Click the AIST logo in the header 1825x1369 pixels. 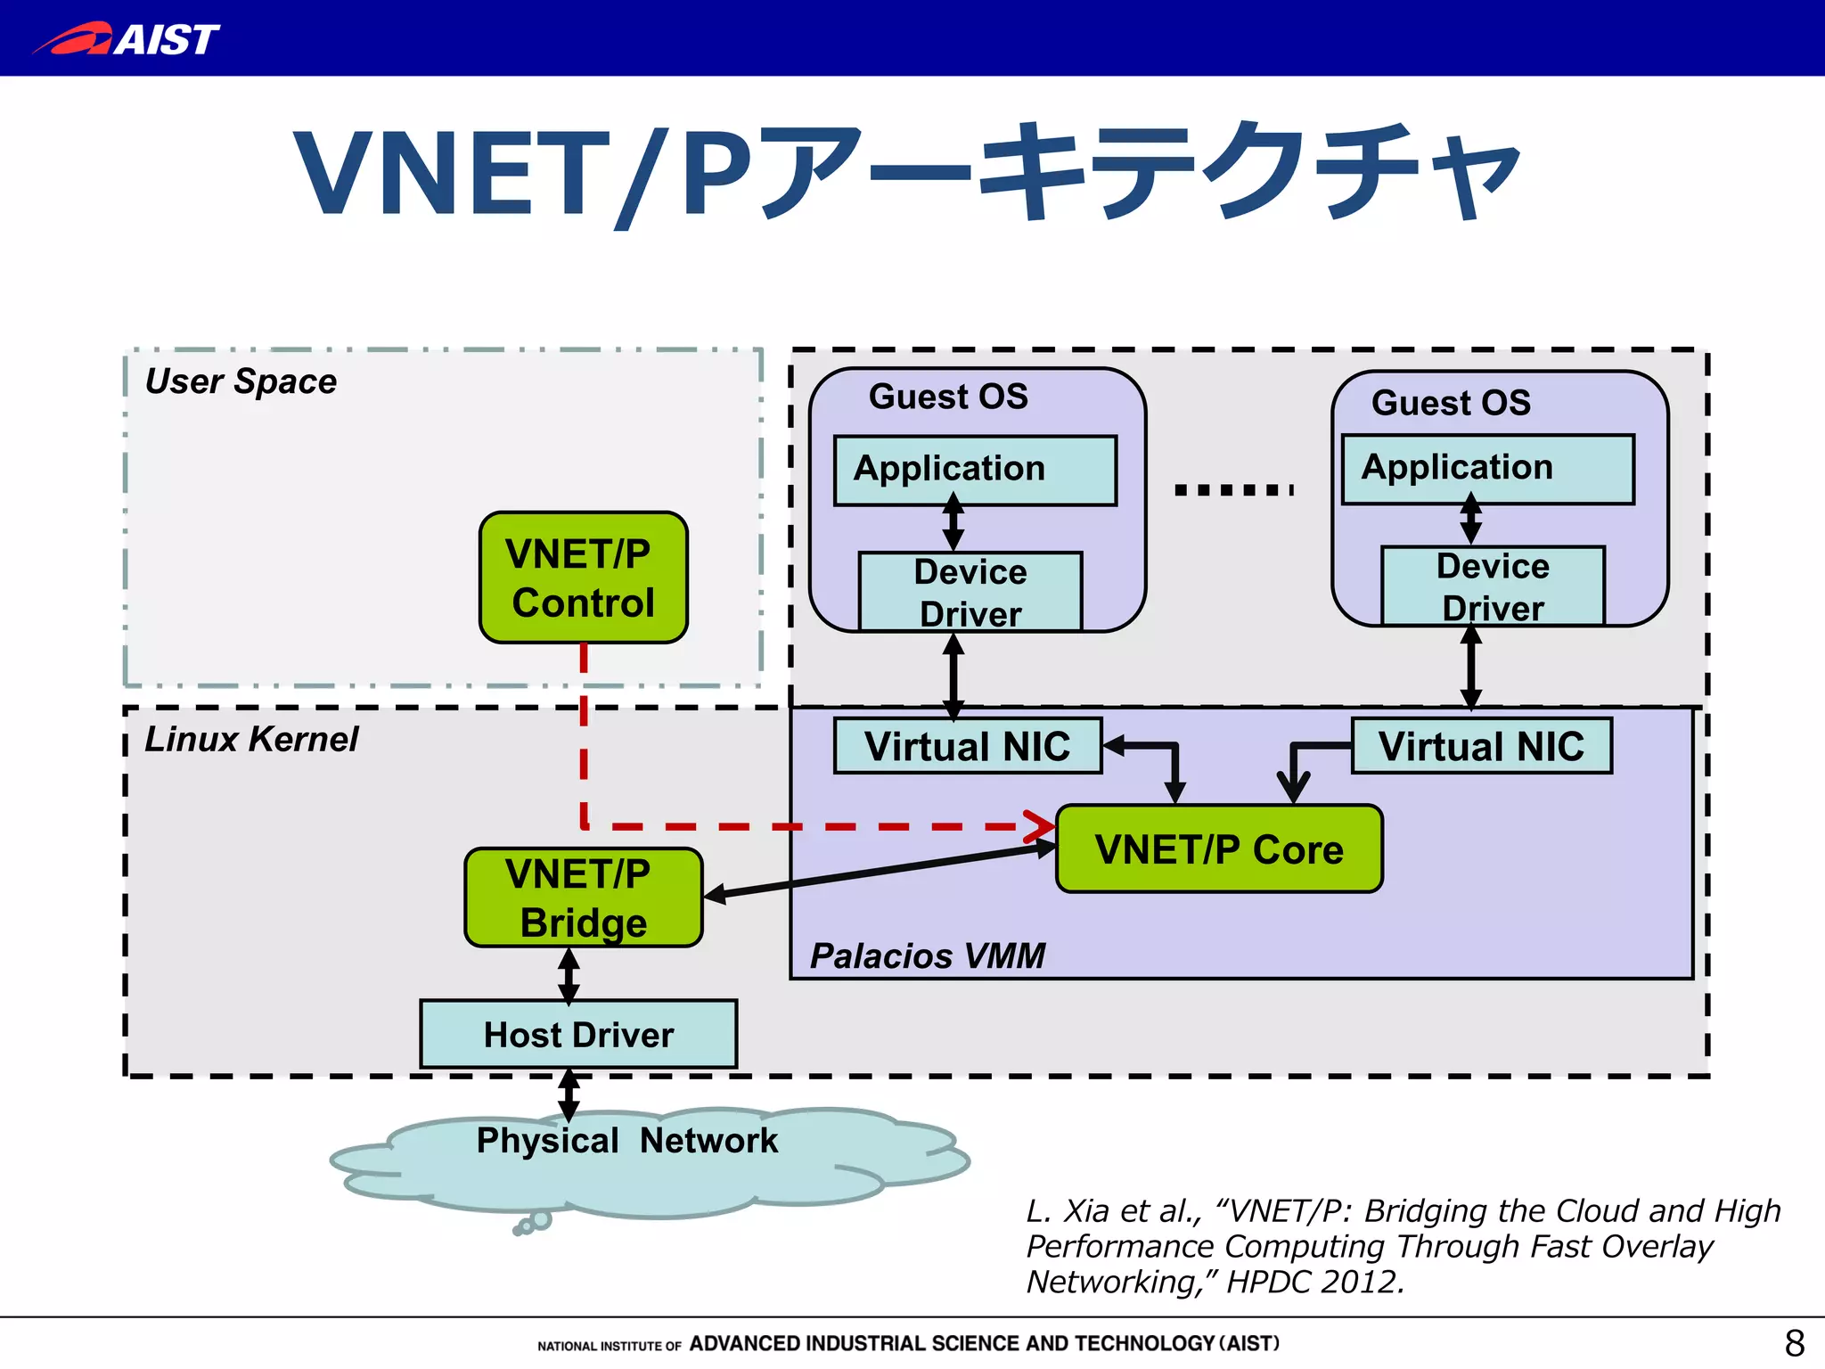[x=127, y=38]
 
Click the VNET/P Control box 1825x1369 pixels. [x=583, y=578]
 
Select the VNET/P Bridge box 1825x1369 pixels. [x=583, y=897]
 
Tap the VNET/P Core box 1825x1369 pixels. [x=1218, y=848]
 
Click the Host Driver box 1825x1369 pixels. [x=578, y=1034]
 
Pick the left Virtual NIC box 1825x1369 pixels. [x=967, y=746]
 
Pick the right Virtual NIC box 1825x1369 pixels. [x=1481, y=746]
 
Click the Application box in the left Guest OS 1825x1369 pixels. [x=975, y=470]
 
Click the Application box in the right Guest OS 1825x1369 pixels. [x=1487, y=469]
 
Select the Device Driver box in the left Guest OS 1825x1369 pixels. [x=970, y=592]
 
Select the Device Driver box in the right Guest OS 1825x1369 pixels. [x=1493, y=586]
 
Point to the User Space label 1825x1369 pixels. [x=241, y=381]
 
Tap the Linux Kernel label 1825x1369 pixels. [x=251, y=739]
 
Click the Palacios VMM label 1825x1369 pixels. [x=927, y=955]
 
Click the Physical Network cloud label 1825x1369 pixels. [x=626, y=1141]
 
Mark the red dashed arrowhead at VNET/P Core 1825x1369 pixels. [x=1041, y=826]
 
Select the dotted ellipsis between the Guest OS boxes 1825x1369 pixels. [x=1233, y=489]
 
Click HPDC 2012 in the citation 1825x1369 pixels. [x=1315, y=1282]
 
